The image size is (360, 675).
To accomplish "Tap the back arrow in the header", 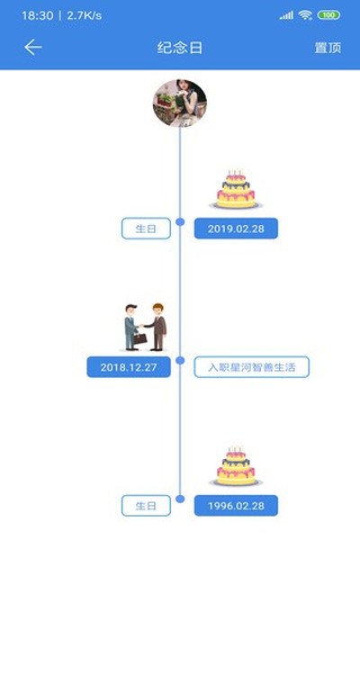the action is click(32, 48).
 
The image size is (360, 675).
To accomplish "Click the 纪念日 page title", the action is click(180, 48).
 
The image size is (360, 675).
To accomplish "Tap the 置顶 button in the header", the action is click(328, 48).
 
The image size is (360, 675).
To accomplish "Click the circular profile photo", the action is click(180, 103).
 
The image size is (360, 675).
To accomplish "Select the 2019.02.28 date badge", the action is click(236, 229).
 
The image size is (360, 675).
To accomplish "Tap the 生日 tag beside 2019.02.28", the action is click(146, 229).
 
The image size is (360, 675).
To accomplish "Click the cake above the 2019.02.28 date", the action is click(236, 189).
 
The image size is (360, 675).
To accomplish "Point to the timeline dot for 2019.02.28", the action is click(180, 221).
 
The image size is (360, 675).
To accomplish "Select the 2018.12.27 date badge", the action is click(129, 367).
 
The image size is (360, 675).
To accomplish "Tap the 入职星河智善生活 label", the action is click(251, 367).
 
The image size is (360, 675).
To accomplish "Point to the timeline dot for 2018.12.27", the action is click(180, 360).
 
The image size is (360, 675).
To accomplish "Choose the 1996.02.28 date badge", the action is click(236, 506).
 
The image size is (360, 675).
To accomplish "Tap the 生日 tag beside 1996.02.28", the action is click(146, 506).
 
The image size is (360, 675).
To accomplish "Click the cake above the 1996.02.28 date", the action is click(236, 466).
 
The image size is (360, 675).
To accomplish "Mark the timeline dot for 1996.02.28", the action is click(180, 499).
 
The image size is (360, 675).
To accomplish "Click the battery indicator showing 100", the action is click(328, 15).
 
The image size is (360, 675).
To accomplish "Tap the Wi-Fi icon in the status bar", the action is click(305, 15).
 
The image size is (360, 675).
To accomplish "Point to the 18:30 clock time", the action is click(38, 16).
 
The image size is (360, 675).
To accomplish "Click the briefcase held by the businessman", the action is click(139, 338).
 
